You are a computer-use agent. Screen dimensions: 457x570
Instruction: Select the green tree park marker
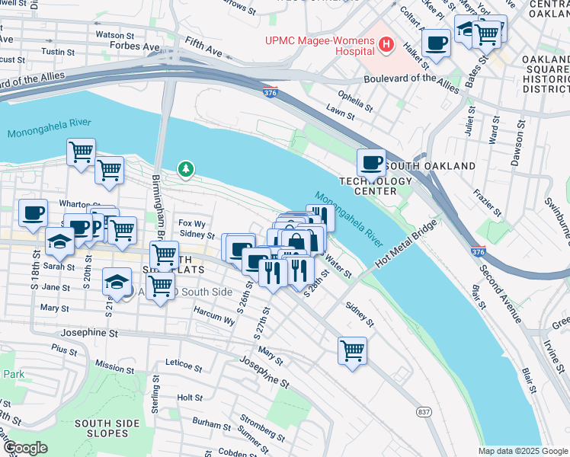184,168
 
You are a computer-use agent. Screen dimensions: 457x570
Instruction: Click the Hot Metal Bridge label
406,244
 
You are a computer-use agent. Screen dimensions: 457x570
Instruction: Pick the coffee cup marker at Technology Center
371,161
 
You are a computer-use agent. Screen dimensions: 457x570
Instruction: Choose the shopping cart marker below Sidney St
352,351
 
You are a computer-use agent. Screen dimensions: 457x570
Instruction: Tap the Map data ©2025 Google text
523,451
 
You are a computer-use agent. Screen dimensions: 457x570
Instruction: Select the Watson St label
115,34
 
